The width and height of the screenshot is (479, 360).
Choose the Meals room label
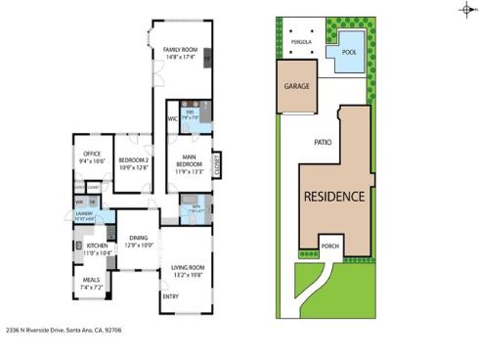[x=91, y=284]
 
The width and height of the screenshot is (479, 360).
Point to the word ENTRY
[x=170, y=294]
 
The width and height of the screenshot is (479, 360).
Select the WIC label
[x=171, y=119]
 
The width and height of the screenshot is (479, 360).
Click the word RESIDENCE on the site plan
[x=333, y=196]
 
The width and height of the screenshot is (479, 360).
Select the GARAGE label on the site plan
[x=297, y=86]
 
